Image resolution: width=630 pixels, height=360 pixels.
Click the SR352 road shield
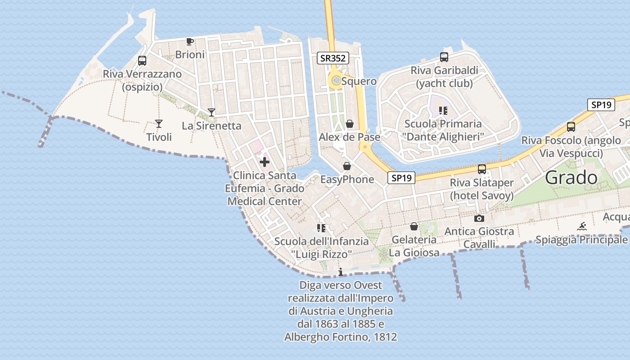pos(333,58)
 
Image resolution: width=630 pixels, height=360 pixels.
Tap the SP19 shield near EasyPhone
pos(401,178)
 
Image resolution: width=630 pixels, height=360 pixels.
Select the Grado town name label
pos(571,178)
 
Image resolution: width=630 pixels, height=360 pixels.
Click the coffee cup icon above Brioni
pos(190,42)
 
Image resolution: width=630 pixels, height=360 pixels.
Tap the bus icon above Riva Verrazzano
pos(142,61)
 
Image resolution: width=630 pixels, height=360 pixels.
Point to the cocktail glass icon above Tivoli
pos(158,123)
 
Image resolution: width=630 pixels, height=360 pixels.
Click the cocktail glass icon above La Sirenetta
pos(211,112)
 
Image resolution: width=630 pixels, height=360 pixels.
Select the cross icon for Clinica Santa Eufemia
pos(265,162)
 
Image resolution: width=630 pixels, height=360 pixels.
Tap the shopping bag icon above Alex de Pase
pos(350,124)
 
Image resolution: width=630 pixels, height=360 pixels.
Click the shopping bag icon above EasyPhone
pos(347,166)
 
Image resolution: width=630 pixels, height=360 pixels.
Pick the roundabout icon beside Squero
pos(336,81)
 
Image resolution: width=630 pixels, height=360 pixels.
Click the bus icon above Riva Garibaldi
pos(444,57)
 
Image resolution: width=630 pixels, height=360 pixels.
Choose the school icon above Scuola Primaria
pos(443,110)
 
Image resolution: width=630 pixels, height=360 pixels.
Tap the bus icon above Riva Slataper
pos(482,169)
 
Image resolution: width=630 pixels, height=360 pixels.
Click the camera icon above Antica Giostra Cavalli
pos(479,219)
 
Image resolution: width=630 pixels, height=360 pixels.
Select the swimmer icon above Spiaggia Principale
pos(582,226)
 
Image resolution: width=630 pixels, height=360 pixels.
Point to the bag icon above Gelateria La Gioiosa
pos(414,226)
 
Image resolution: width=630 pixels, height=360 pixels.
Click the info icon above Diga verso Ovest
pos(341,272)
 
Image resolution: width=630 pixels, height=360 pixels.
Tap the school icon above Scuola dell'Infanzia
pos(321,228)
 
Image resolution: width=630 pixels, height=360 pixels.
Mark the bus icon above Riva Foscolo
pos(571,127)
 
